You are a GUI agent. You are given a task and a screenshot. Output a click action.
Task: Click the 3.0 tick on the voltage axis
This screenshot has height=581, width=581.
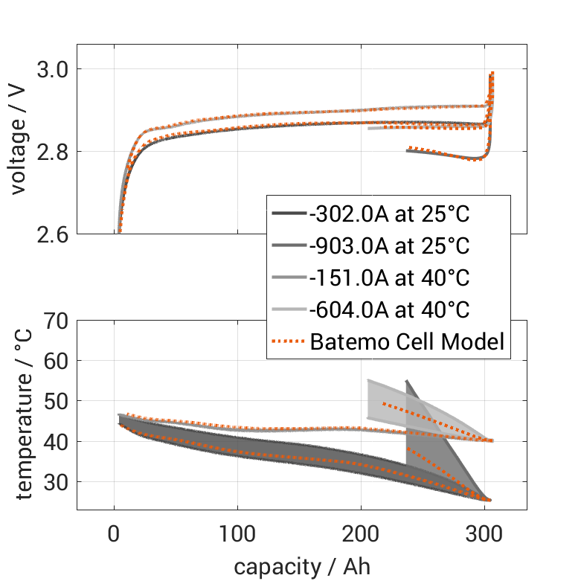(51, 69)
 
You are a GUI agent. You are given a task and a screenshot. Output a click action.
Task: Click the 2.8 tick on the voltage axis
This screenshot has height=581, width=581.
(51, 152)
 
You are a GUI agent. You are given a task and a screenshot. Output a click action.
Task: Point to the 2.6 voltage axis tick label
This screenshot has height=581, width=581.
(51, 234)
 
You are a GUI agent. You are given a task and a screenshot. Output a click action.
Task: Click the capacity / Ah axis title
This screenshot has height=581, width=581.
(301, 567)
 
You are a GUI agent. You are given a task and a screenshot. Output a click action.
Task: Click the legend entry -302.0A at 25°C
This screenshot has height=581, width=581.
(388, 214)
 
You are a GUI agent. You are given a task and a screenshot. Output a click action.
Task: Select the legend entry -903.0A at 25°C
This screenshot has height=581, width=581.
(388, 246)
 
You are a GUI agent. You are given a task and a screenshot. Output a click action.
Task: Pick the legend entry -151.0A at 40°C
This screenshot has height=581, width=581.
(388, 278)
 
